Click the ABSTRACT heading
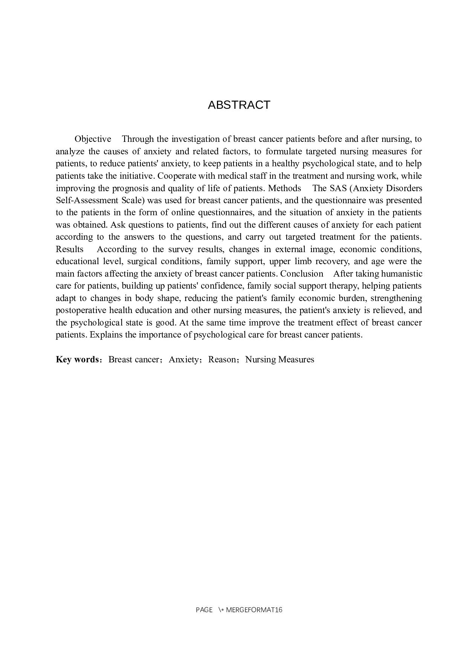(239, 105)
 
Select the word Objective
(93, 139)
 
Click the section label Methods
(284, 188)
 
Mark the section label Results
(69, 249)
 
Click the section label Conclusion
(302, 274)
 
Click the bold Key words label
(77, 359)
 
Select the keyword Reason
(222, 359)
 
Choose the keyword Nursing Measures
(279, 359)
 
